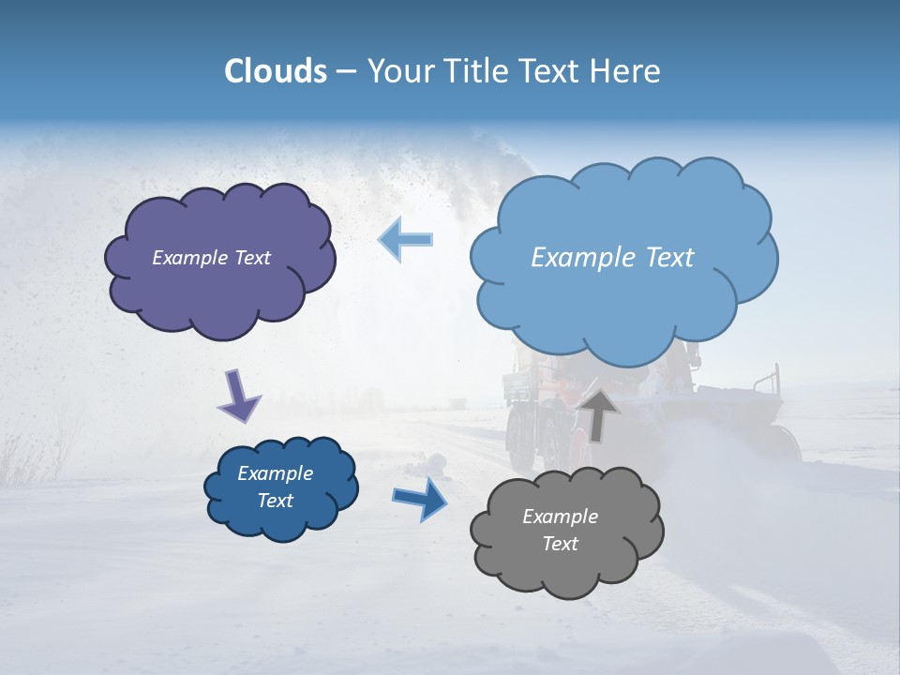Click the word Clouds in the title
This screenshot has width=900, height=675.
pyautogui.click(x=275, y=71)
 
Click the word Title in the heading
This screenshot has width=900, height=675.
pyautogui.click(x=471, y=71)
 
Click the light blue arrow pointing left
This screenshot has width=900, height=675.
pyautogui.click(x=406, y=240)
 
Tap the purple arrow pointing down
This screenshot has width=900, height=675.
pyautogui.click(x=239, y=396)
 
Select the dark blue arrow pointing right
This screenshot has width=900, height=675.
pyautogui.click(x=421, y=498)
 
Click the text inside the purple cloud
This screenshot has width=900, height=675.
pyautogui.click(x=211, y=258)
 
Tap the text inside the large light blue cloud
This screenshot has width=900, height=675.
pyautogui.click(x=612, y=258)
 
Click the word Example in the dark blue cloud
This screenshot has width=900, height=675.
pyautogui.click(x=275, y=473)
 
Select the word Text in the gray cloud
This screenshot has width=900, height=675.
pyautogui.click(x=560, y=544)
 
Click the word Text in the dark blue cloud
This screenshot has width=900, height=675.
pyautogui.click(x=275, y=501)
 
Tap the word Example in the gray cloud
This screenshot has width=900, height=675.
pyautogui.click(x=560, y=517)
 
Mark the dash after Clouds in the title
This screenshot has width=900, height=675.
pyautogui.click(x=346, y=72)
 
